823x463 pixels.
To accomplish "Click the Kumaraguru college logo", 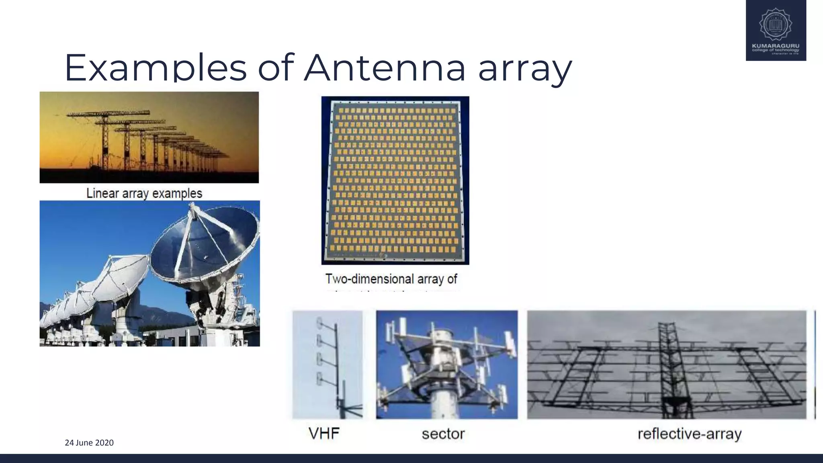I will pyautogui.click(x=776, y=30).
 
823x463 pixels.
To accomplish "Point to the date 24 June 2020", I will pyautogui.click(x=89, y=443).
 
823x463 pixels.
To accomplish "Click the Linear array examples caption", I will pyautogui.click(x=144, y=193).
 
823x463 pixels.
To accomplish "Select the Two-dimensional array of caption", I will pyautogui.click(x=391, y=279).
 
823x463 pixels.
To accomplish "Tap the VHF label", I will pyautogui.click(x=324, y=434).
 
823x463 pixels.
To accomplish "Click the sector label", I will pyautogui.click(x=443, y=434).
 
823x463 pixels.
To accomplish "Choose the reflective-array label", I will pyautogui.click(x=689, y=434).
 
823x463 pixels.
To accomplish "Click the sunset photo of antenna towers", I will pyautogui.click(x=149, y=137).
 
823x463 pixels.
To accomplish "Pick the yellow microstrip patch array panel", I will pyautogui.click(x=395, y=180).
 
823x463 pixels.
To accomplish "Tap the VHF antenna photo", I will pyautogui.click(x=328, y=364).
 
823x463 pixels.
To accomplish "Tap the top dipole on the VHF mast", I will pyautogui.click(x=320, y=322).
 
